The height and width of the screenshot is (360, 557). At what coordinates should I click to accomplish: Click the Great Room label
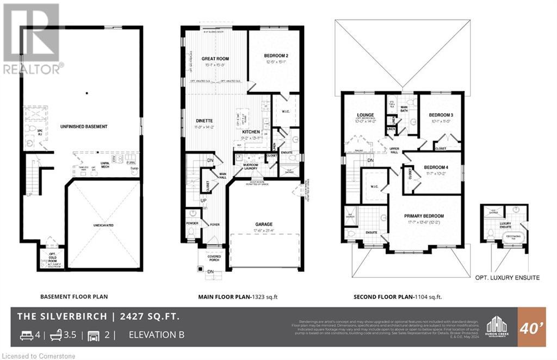[215, 59]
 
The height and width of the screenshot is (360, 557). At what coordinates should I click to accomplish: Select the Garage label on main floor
[264, 224]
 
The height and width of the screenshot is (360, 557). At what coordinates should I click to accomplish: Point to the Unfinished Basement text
[84, 127]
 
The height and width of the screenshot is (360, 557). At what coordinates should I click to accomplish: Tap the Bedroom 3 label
[440, 115]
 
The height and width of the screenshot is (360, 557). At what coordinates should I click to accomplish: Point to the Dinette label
[204, 121]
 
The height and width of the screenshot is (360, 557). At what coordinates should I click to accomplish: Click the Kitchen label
[251, 132]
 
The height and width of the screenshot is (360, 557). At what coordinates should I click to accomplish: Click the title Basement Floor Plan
[74, 297]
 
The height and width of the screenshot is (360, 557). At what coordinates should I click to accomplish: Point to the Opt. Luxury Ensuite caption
[506, 277]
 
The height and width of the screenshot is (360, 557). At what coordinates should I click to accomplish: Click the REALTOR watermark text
[33, 69]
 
